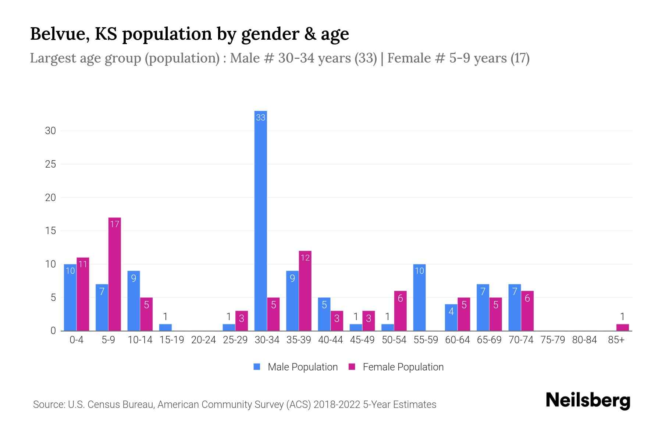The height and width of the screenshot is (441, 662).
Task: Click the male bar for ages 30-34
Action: [x=261, y=220]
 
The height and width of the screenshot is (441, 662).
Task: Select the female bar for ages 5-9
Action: [x=115, y=274]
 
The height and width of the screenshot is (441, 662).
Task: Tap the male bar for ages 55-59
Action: [x=419, y=298]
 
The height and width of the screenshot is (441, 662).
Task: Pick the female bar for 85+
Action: [x=622, y=327]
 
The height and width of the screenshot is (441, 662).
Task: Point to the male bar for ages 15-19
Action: [x=165, y=327]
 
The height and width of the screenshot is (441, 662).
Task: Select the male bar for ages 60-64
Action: [x=451, y=318]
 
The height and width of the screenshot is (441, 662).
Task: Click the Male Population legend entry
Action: [x=302, y=367]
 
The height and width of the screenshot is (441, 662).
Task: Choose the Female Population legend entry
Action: [x=403, y=367]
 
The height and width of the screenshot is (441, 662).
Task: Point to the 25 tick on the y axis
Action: [x=50, y=164]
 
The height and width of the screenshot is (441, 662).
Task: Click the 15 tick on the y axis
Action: [x=50, y=231]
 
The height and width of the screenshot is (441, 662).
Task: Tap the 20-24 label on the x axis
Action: [x=203, y=340]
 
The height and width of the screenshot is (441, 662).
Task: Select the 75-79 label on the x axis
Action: [x=552, y=340]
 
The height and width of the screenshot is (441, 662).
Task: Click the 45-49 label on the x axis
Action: [x=362, y=340]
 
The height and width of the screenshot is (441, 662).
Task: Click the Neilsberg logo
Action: [x=588, y=401]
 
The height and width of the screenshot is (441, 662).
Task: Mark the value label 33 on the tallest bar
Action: [x=261, y=118]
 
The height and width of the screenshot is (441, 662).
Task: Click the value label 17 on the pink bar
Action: [x=115, y=224]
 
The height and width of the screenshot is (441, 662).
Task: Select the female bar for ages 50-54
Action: [x=400, y=311]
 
